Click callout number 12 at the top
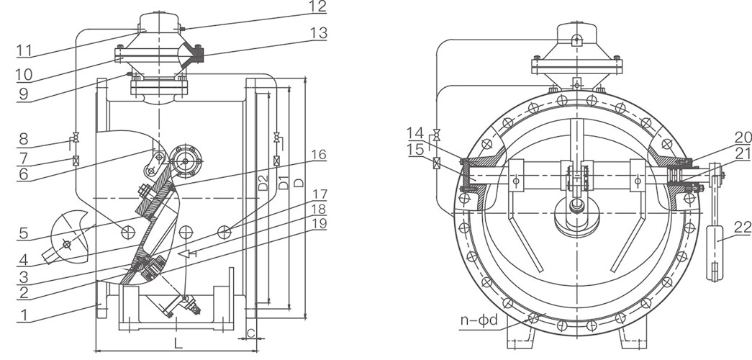(x=318, y=8)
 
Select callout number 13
(x=318, y=33)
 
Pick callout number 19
(x=318, y=223)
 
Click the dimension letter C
(x=251, y=333)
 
